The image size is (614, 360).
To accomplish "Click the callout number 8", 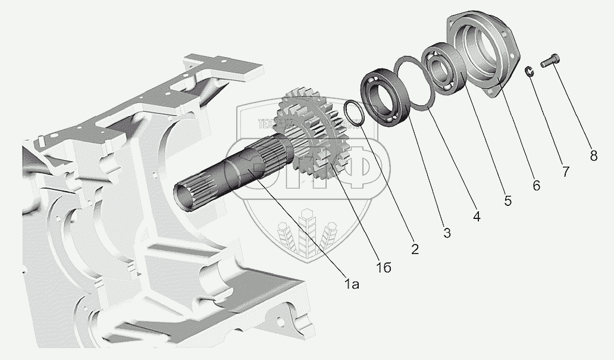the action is pyautogui.click(x=593, y=156).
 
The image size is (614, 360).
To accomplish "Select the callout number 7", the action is pyautogui.click(x=565, y=172).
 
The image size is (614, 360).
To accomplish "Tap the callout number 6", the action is pyautogui.click(x=536, y=186).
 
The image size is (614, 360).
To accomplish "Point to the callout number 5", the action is pyautogui.click(x=508, y=201).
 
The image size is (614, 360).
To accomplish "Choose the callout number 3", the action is pyautogui.click(x=447, y=233).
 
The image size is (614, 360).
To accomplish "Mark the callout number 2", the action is pyautogui.click(x=415, y=249).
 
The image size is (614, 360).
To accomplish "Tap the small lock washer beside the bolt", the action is pyautogui.click(x=529, y=71).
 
